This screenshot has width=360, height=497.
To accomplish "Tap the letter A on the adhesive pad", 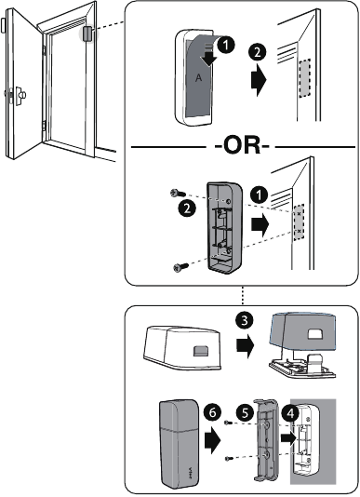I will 196,79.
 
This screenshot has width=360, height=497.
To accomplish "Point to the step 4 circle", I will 291,410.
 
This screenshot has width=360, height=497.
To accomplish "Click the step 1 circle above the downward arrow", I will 223,43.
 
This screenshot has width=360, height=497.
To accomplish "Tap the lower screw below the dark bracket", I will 179,266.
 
